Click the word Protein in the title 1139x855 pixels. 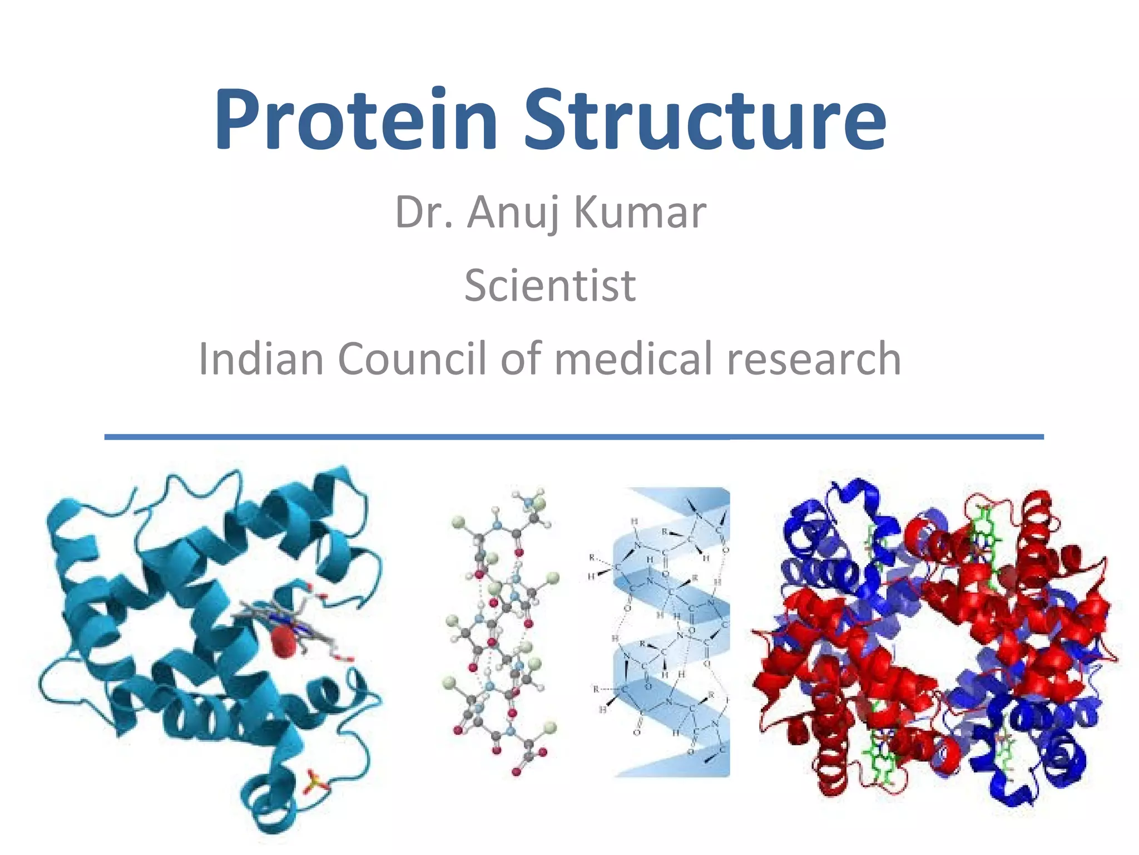point(356,120)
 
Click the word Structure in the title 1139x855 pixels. point(705,120)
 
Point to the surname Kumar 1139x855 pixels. point(640,213)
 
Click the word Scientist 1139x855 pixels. point(550,286)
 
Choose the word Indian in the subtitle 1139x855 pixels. point(261,359)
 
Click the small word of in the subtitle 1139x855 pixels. point(521,359)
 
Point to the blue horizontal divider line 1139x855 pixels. point(573,437)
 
